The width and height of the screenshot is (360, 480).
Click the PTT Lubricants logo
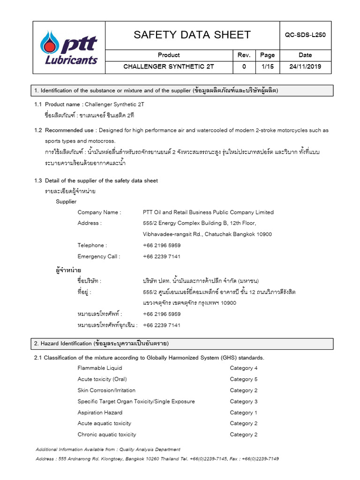click(x=69, y=47)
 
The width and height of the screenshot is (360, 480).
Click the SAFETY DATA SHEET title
click(x=192, y=35)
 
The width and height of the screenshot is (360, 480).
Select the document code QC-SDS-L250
click(x=305, y=35)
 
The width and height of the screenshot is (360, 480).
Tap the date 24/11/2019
click(x=305, y=67)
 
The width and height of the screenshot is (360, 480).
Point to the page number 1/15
click(x=267, y=67)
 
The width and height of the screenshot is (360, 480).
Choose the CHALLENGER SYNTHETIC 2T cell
click(x=169, y=67)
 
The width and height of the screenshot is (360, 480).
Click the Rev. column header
click(x=244, y=55)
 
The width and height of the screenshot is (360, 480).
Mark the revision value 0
click(x=244, y=67)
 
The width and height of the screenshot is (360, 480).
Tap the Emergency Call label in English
click(x=99, y=256)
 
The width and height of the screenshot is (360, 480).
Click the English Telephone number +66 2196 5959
click(x=162, y=245)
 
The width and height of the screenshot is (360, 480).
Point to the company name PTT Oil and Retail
click(x=208, y=212)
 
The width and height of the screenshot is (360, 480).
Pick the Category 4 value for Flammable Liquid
click(x=244, y=368)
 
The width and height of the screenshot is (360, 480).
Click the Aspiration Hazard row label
click(x=100, y=412)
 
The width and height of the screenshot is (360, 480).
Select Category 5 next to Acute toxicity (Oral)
click(x=244, y=379)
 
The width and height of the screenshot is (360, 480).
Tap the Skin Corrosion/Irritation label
click(x=106, y=390)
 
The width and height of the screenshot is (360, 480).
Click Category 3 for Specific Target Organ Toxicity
click(x=244, y=401)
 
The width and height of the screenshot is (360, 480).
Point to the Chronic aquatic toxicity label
click(x=107, y=435)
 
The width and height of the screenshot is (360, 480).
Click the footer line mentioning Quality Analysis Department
click(x=108, y=449)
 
